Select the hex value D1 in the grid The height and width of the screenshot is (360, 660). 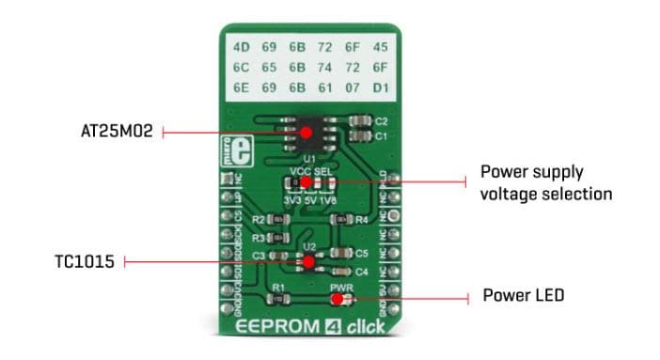point(381,89)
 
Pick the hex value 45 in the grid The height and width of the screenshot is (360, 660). point(381,47)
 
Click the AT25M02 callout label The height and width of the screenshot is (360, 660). point(116,133)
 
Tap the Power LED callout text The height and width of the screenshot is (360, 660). point(523,296)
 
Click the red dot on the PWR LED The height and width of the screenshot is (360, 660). point(337,299)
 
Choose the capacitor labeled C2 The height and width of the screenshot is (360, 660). point(358,121)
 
